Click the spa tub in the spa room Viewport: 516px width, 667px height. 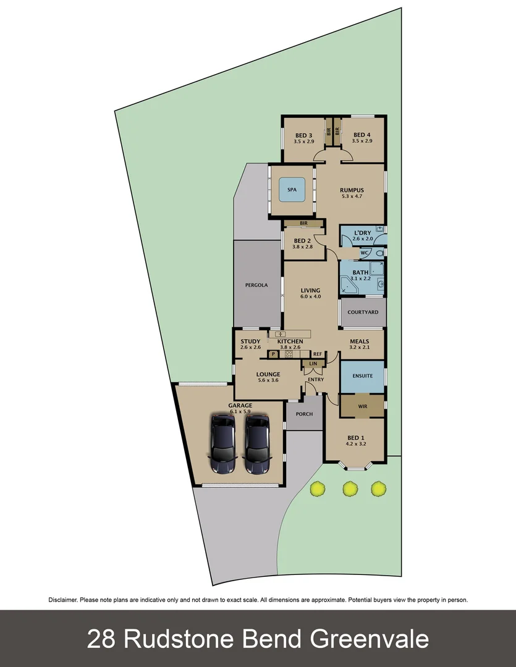click(292, 190)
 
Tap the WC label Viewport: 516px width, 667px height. click(364, 253)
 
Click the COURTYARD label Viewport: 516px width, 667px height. click(363, 313)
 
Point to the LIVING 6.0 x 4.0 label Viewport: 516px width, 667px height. click(311, 293)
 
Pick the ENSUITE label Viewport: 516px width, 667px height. click(362, 375)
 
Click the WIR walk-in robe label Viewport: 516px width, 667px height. click(362, 406)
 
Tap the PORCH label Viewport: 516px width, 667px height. click(304, 414)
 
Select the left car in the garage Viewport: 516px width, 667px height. click(223, 444)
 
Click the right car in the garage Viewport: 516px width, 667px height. click(258, 444)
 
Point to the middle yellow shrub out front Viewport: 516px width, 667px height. click(350, 489)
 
